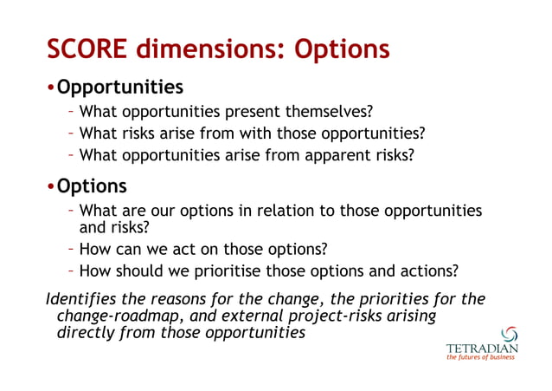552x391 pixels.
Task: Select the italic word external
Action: [x=239, y=316]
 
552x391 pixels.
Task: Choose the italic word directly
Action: [x=87, y=333]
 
